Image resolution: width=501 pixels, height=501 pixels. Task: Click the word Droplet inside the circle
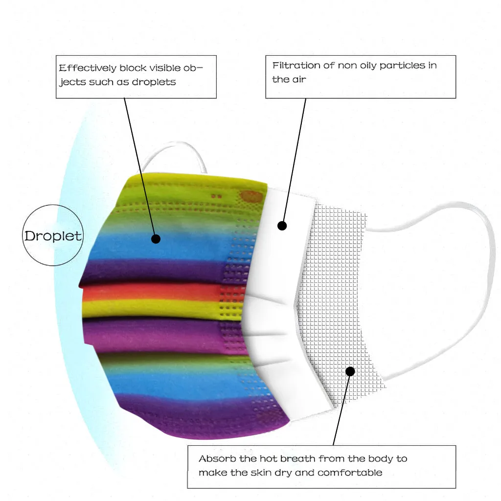(x=53, y=236)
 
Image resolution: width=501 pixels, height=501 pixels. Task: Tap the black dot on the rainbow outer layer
(x=156, y=239)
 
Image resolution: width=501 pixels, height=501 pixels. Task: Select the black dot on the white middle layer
(x=282, y=226)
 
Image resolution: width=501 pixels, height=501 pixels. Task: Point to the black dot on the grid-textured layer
(x=350, y=371)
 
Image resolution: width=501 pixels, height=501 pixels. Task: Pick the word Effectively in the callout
(x=88, y=68)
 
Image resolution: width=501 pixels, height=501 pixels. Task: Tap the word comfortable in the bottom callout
(x=350, y=473)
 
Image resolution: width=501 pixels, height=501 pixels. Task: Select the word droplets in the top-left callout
(x=153, y=82)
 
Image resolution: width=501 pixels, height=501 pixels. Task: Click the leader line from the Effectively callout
(x=139, y=166)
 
